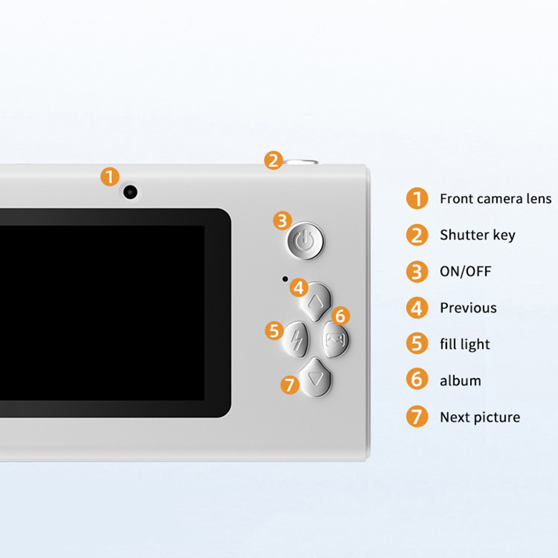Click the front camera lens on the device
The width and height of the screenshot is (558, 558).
tap(130, 193)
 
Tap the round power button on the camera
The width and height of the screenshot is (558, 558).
tap(306, 240)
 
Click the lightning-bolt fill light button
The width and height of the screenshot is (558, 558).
tap(296, 340)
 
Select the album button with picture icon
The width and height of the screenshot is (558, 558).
tap(335, 340)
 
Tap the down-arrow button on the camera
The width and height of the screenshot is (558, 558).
tap(316, 377)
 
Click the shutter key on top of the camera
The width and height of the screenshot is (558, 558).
tap(301, 163)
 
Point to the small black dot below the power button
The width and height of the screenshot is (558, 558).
tap(285, 279)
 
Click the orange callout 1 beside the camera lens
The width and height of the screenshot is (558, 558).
tap(110, 177)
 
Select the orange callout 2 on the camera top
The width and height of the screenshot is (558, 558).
tap(273, 160)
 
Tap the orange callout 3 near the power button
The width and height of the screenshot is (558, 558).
tap(282, 220)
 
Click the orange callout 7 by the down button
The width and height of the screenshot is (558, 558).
tap(290, 385)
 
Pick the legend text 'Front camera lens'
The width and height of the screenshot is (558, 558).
tap(495, 199)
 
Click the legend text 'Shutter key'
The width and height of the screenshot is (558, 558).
tap(477, 235)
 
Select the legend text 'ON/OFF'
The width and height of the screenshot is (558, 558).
tap(465, 271)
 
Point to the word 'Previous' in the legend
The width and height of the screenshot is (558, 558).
tap(468, 308)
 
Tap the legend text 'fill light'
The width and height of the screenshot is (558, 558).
tap(465, 345)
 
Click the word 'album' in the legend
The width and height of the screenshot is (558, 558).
tap(460, 381)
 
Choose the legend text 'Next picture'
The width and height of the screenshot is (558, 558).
tap(480, 417)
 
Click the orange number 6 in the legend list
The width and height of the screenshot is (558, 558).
tap(416, 379)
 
